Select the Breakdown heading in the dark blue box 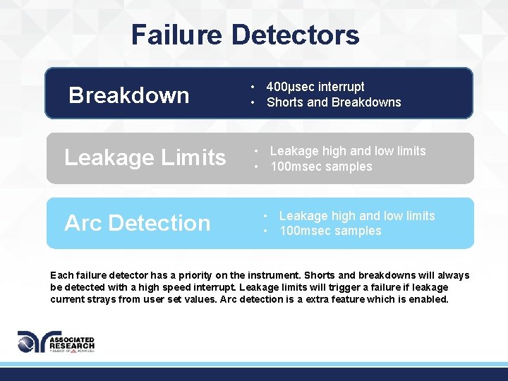pyautogui.click(x=128, y=95)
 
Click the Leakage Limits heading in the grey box pyautogui.click(x=145, y=157)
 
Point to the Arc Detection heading pyautogui.click(x=138, y=223)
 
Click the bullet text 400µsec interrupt pyautogui.click(x=315, y=87)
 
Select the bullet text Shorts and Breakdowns pyautogui.click(x=334, y=102)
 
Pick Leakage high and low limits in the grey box pyautogui.click(x=348, y=151)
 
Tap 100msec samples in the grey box pyautogui.click(x=321, y=167)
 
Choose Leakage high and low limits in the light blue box pyautogui.click(x=357, y=216)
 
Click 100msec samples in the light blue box pyautogui.click(x=330, y=231)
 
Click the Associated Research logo pyautogui.click(x=56, y=342)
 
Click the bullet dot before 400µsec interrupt pyautogui.click(x=252, y=87)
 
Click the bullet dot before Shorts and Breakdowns pyautogui.click(x=252, y=103)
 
